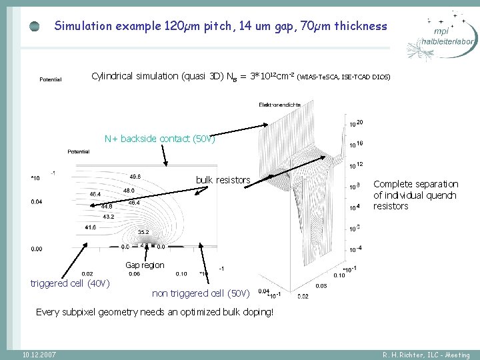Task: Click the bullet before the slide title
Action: tap(34, 27)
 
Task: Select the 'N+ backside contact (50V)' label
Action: tap(160, 139)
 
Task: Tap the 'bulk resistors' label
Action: tap(223, 180)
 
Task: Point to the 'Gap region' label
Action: tap(145, 265)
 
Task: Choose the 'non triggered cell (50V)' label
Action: tap(201, 293)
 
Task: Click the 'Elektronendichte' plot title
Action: tap(280, 105)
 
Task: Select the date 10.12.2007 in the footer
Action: tap(39, 355)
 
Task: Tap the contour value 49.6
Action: tap(135, 177)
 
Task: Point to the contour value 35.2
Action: tap(143, 232)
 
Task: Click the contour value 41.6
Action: tap(91, 227)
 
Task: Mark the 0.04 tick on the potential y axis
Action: tap(37, 201)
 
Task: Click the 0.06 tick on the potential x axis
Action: tap(135, 273)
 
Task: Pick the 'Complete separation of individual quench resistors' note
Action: tap(415, 195)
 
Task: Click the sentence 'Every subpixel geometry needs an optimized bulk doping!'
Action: tap(155, 311)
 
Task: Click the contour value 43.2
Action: tap(109, 217)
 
